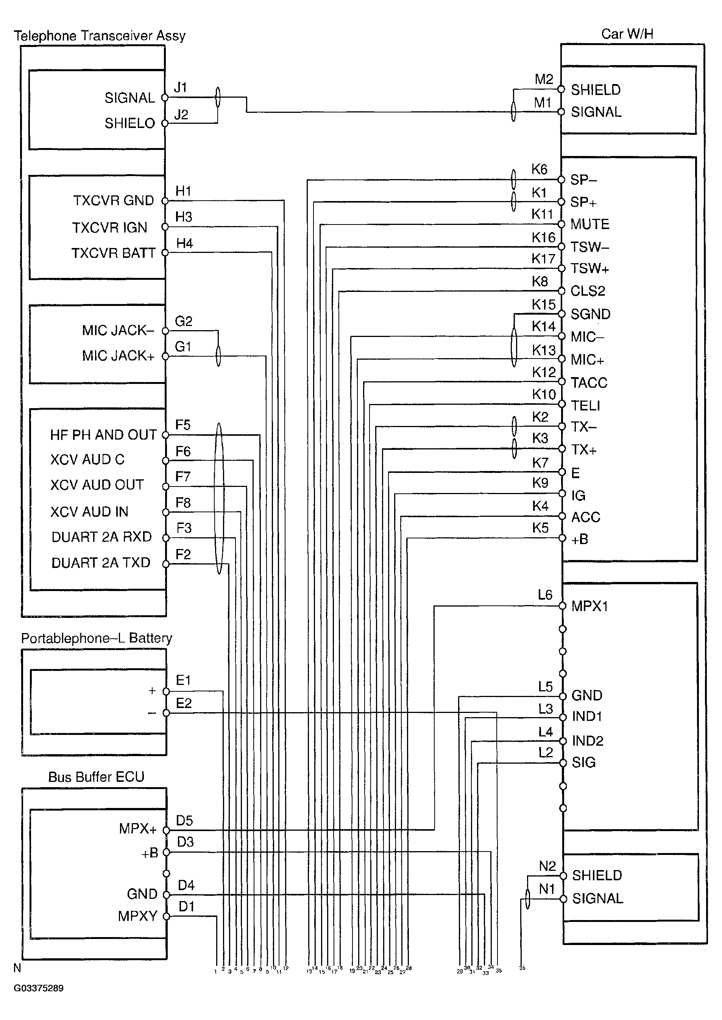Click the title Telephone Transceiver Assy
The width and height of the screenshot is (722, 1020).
(99, 36)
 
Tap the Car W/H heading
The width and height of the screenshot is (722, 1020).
(627, 34)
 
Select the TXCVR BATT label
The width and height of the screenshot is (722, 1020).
(113, 253)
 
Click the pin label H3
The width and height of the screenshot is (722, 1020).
(184, 217)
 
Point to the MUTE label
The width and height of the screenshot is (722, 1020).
(589, 224)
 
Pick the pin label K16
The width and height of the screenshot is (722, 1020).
(543, 237)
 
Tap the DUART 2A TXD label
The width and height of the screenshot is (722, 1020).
(101, 563)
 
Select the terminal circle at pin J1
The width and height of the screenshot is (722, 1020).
(164, 97)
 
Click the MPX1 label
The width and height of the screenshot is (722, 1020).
(589, 606)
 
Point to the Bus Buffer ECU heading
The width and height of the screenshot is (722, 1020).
(96, 777)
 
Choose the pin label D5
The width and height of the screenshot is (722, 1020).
(184, 820)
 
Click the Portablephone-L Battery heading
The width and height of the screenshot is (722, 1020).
(97, 638)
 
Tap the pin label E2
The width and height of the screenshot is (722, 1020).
(184, 703)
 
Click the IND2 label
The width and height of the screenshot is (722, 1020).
(587, 741)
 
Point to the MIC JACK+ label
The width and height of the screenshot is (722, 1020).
(118, 356)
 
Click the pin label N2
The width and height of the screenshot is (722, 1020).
(547, 866)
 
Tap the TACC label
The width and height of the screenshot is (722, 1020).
(589, 383)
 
